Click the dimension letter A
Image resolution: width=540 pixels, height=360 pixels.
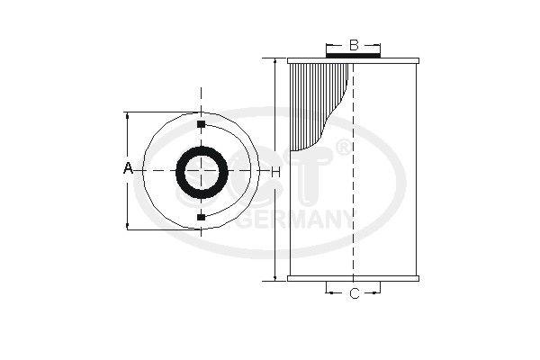pos(128,169)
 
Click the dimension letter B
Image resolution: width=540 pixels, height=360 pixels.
pos(354,44)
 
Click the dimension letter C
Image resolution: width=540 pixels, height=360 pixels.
pos(354,293)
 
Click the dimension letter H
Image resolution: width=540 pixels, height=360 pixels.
pos(276,170)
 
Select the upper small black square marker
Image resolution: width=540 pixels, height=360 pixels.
pos(201,122)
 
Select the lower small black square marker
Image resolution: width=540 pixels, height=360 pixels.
pos(201,216)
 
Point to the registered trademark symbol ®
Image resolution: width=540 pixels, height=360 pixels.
pos(343,146)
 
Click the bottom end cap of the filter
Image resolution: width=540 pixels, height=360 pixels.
pos(354,279)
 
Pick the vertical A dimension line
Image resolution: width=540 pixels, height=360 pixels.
pos(128,198)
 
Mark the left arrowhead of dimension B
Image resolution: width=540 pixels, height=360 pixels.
pos(328,44)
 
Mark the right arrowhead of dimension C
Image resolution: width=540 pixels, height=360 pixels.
pos(379,293)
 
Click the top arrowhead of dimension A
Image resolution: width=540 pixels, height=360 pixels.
pos(128,116)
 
